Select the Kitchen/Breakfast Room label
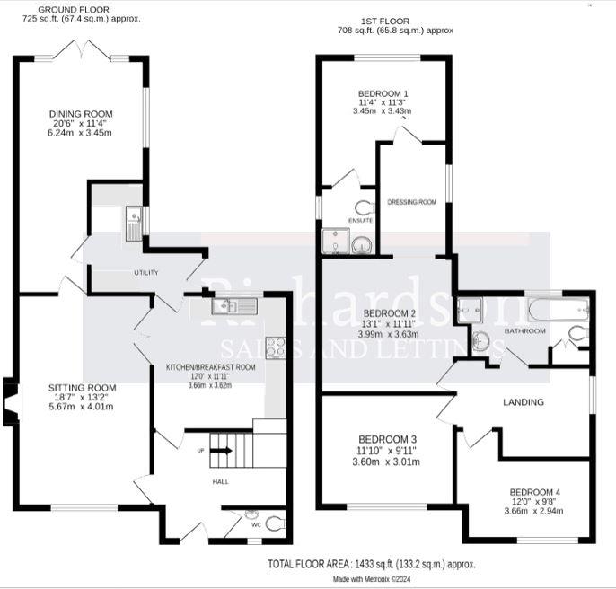211,367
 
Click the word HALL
220,482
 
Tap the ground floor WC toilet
275,521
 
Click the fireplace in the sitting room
10,400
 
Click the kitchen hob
276,347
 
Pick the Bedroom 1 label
383,93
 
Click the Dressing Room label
411,202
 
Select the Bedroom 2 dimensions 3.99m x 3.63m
389,334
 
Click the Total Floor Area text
371,564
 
